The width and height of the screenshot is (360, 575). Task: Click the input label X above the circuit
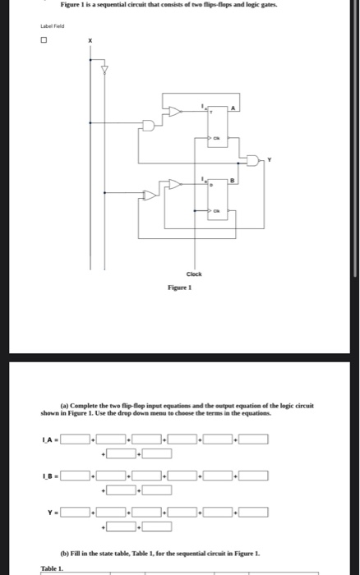pyautogui.click(x=91, y=40)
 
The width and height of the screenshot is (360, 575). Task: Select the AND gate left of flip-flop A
pyautogui.click(x=149, y=126)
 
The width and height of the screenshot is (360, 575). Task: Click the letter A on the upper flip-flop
pyautogui.click(x=233, y=109)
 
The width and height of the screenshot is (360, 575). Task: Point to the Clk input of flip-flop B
pyautogui.click(x=215, y=212)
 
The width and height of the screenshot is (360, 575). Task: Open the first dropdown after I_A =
pyautogui.click(x=76, y=439)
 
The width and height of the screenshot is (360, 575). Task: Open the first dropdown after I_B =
pyautogui.click(x=76, y=476)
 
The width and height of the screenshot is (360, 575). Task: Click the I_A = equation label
pyautogui.click(x=48, y=439)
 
